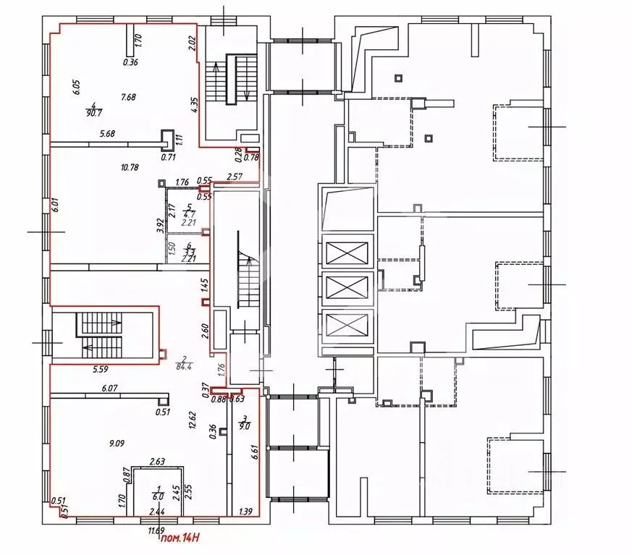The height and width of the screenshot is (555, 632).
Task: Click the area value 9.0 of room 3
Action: [245, 426]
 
